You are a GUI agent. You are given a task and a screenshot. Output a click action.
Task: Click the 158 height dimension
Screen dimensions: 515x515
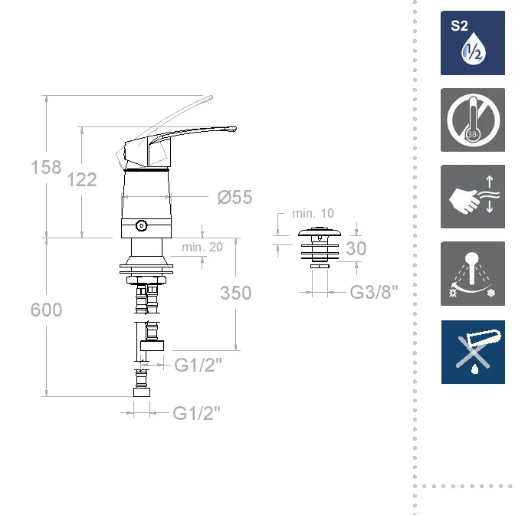[46, 167]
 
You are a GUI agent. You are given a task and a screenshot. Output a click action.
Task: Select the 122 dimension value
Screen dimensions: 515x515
[82, 179]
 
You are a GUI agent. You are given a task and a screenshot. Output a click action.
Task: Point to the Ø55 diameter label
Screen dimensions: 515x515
[235, 197]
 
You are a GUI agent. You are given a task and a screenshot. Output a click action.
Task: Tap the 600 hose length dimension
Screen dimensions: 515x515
[46, 310]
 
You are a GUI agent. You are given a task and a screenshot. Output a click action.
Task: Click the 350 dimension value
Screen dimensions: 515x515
[236, 293]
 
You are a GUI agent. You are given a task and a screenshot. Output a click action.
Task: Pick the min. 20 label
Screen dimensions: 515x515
[202, 247]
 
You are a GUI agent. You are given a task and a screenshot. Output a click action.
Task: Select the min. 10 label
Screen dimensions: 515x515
[313, 214]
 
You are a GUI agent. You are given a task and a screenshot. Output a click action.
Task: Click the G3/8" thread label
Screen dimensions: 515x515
[374, 292]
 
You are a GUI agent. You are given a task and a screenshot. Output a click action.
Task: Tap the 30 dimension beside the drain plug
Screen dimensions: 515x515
[356, 248]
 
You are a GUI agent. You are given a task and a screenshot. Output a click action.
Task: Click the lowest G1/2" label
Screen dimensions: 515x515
[196, 413]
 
